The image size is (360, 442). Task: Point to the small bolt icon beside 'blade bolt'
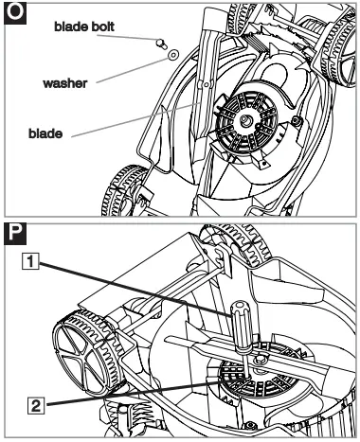[x=160, y=43]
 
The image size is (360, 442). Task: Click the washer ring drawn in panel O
[x=174, y=56]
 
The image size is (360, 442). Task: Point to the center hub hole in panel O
[x=244, y=120]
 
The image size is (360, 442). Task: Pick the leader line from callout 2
[x=123, y=393]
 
